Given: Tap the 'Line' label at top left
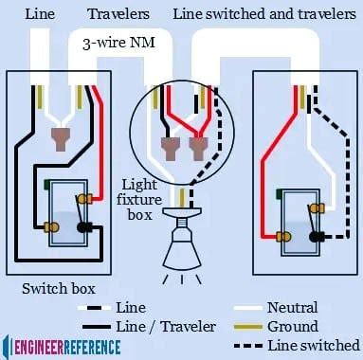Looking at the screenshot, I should pyautogui.click(x=38, y=14).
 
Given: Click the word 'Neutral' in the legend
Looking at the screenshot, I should pyautogui.click(x=292, y=307).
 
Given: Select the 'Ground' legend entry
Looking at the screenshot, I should pyautogui.click(x=292, y=325).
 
